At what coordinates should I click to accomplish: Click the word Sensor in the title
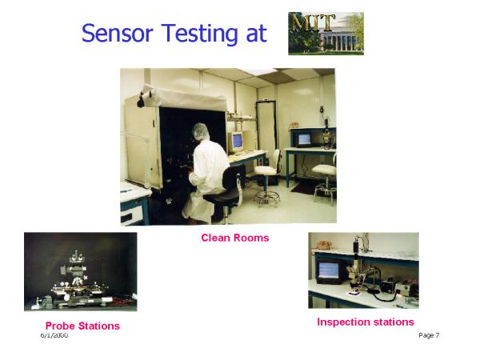[118, 33]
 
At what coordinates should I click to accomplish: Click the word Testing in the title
[199, 34]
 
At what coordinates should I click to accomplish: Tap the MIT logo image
[326, 34]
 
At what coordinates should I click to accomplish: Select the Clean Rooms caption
[234, 238]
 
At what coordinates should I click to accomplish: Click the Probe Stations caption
[82, 326]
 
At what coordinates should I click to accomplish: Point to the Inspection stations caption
[366, 322]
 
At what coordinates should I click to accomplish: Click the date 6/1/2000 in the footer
[54, 335]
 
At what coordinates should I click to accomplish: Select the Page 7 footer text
[429, 335]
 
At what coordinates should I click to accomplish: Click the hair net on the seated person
[201, 130]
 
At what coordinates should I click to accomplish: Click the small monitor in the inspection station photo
[329, 272]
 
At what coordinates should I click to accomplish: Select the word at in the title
[257, 34]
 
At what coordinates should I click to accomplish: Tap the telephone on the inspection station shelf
[324, 246]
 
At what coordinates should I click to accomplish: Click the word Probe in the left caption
[58, 326]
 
